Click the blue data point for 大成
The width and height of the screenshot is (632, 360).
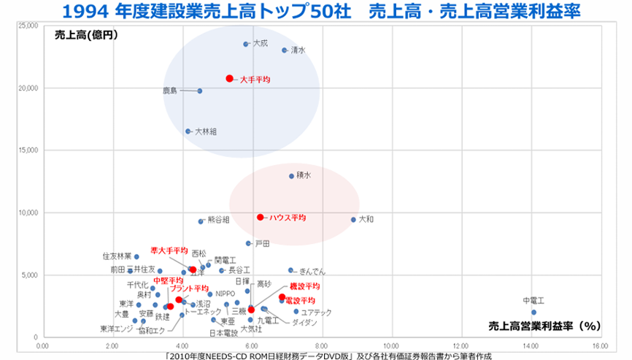tap(246, 44)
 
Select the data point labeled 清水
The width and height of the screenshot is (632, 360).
tap(285, 50)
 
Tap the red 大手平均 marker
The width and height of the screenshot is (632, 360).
tap(229, 78)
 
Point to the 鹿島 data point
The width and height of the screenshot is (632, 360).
tap(200, 91)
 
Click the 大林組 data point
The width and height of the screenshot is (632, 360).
tap(188, 131)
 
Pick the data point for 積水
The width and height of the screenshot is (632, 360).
tap(291, 176)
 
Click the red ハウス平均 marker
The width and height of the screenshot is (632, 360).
tap(260, 217)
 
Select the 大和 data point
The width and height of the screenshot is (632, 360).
tap(353, 220)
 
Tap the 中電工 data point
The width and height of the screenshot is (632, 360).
tap(533, 312)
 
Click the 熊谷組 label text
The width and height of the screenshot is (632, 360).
tap(218, 219)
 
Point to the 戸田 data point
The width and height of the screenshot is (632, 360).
tap(248, 243)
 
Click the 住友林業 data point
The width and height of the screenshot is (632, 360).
tap(136, 257)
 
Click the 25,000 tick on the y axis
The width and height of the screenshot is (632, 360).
tap(27, 26)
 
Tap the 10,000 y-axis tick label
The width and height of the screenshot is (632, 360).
tap(27, 212)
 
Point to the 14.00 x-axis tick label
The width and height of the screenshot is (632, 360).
tap(531, 345)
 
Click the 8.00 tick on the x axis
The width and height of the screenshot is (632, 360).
tap(321, 345)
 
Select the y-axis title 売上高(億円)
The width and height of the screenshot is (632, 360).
tap(86, 34)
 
